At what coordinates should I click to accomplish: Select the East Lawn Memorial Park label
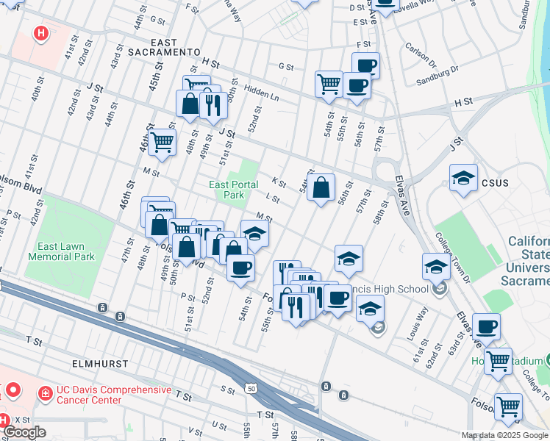[62, 251]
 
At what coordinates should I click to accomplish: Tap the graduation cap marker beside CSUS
[463, 179]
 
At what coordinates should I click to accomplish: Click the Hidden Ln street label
[263, 96]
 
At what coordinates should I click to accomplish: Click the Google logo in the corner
[24, 432]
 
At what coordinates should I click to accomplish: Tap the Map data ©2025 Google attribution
[504, 435]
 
